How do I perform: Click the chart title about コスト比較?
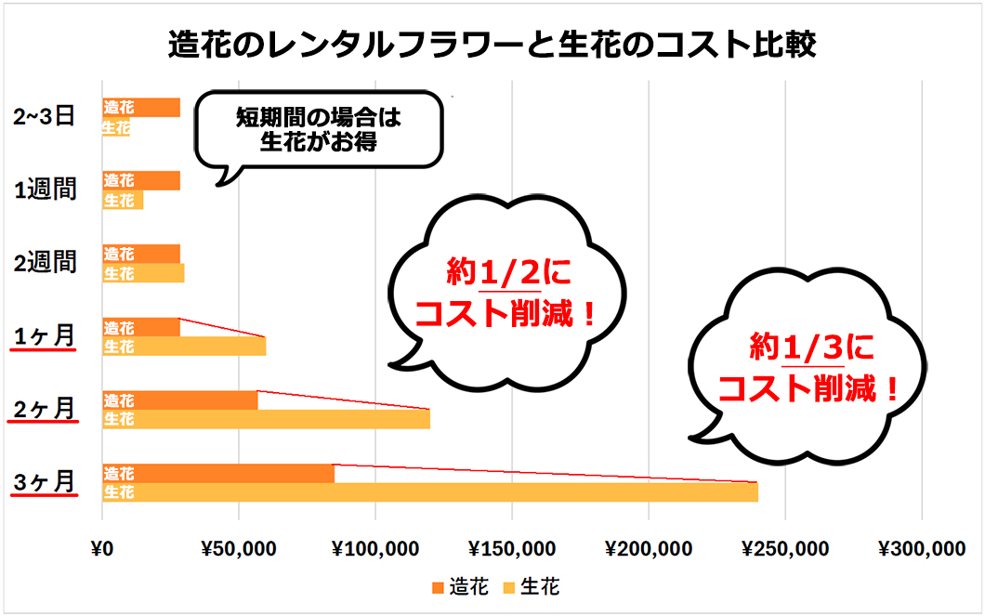pos(492,44)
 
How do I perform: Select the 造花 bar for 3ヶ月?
pos(218,473)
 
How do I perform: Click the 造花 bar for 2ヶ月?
pos(180,400)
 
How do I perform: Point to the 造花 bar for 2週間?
pos(141,254)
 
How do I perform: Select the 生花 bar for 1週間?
pos(123,200)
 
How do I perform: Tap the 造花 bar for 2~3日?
pos(141,107)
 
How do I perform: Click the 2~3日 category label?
pos(46,117)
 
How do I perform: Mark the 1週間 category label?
pos(46,190)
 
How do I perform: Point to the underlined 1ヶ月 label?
pos(44,335)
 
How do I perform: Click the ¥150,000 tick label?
pos(511,549)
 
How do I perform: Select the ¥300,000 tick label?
pos(921,549)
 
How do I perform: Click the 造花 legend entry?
pos(460,586)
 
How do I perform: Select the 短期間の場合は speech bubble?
pos(317,129)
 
